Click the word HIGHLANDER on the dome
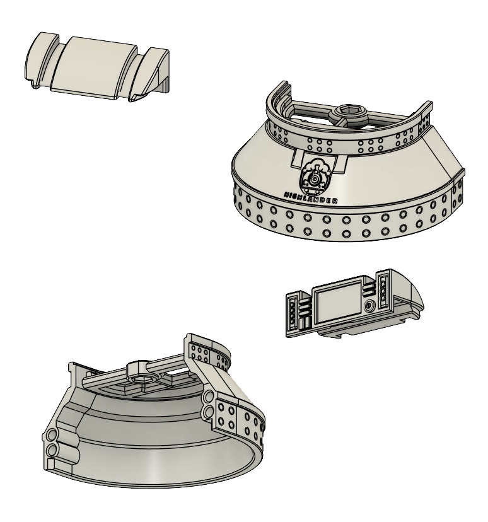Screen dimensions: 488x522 coord(311,197)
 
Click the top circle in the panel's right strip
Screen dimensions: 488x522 coord(383,284)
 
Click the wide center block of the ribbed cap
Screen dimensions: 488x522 coord(93,68)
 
